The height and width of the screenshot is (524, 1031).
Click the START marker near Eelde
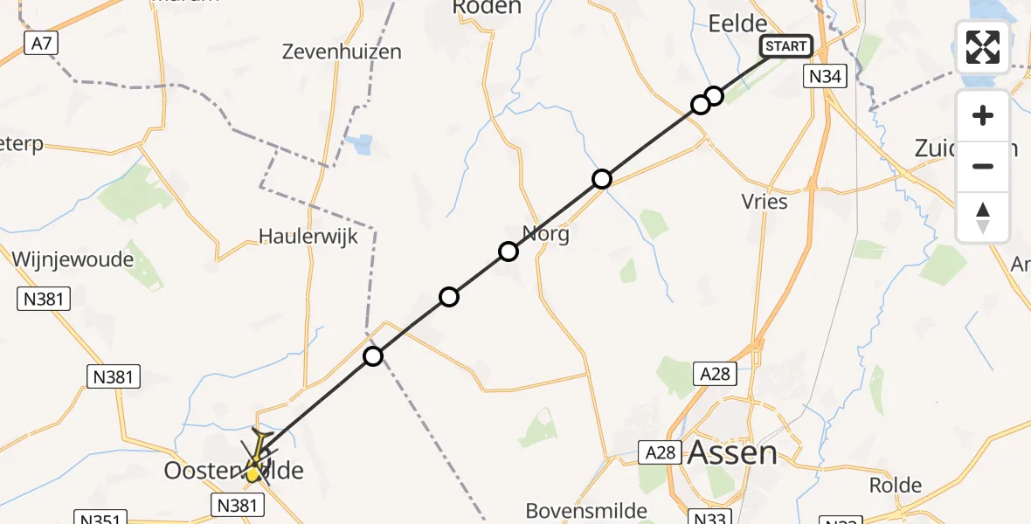[x=787, y=46]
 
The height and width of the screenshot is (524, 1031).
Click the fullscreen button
[x=983, y=47]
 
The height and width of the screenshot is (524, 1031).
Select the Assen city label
[x=732, y=452]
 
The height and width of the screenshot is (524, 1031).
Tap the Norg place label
[x=546, y=234]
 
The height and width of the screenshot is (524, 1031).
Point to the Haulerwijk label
[x=308, y=237]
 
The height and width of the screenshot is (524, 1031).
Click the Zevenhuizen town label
[x=342, y=52]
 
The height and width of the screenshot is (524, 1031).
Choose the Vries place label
[x=764, y=202]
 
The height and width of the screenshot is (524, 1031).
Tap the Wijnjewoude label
[x=73, y=259]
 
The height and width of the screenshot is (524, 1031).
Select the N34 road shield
[x=825, y=77]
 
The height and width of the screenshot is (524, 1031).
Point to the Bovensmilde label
[x=586, y=510]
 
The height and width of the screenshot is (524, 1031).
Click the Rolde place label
[x=896, y=485]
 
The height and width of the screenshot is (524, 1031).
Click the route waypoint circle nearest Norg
[x=509, y=252]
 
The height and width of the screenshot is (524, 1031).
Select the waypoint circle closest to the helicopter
[x=373, y=355]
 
